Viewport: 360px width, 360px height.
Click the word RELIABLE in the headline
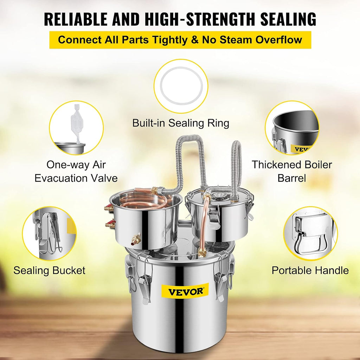tap(76, 19)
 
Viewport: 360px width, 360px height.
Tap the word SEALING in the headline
tap(288, 19)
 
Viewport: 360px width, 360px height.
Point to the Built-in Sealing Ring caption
tap(181, 123)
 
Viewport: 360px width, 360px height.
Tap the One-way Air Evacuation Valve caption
tap(76, 171)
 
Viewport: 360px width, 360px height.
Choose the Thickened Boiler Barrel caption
tap(292, 171)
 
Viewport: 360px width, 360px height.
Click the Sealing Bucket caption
tap(49, 270)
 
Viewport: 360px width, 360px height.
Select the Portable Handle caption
tap(310, 270)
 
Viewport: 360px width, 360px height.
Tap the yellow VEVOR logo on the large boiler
tap(185, 291)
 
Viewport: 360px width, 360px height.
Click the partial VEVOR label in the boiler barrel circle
tap(301, 149)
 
